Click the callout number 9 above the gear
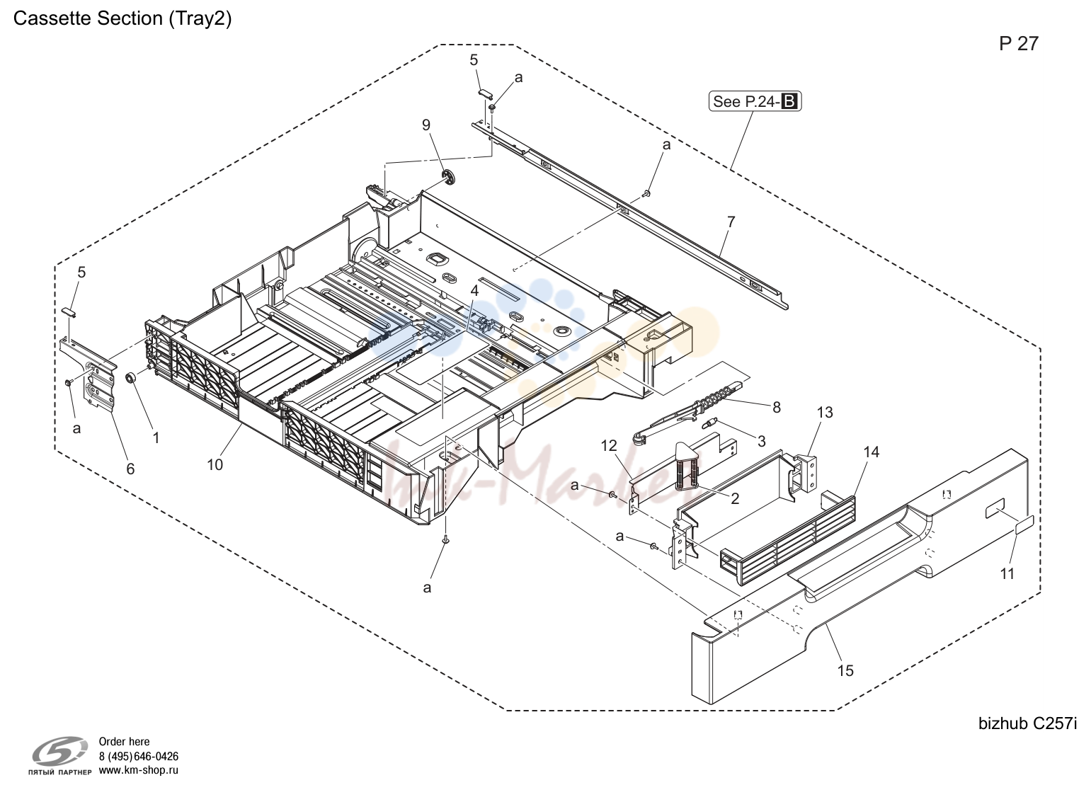tap(426, 125)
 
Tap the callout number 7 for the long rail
tap(731, 222)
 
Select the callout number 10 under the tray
tap(215, 464)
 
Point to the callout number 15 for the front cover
tap(845, 670)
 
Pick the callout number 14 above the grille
tap(872, 452)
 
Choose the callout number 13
tap(825, 413)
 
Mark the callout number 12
tap(609, 445)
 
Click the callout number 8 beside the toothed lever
tap(777, 407)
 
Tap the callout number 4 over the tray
tap(474, 290)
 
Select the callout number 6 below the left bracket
tap(130, 469)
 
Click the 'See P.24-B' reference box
tap(755, 101)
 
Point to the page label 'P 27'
tap(1019, 44)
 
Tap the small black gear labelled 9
tap(447, 177)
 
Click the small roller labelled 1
tap(130, 379)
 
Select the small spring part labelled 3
tap(709, 424)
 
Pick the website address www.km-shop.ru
tap(139, 770)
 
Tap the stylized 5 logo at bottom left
tap(59, 750)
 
